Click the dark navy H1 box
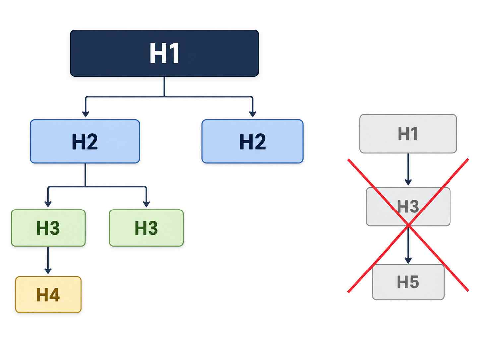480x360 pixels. tap(164, 53)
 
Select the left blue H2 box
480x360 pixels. tap(85, 142)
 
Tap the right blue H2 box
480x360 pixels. tap(252, 142)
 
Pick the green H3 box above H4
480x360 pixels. tap(48, 228)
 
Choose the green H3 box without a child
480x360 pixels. tap(146, 228)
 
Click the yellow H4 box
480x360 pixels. tap(48, 294)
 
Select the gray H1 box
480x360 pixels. tap(408, 134)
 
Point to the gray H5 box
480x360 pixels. tap(408, 282)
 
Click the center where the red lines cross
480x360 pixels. tap(408, 225)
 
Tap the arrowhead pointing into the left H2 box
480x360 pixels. tap(85, 114)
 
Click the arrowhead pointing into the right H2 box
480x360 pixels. tap(253, 114)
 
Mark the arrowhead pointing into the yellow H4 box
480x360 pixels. tap(48, 271)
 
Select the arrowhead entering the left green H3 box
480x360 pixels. tap(48, 204)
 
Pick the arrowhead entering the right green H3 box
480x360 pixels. tap(146, 204)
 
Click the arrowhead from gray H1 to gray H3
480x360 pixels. tap(408, 182)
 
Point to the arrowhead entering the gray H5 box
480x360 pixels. tap(408, 261)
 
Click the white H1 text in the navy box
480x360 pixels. tap(164, 53)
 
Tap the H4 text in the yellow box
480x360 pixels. tap(48, 295)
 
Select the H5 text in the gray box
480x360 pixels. tap(408, 282)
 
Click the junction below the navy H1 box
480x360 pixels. tap(164, 96)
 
